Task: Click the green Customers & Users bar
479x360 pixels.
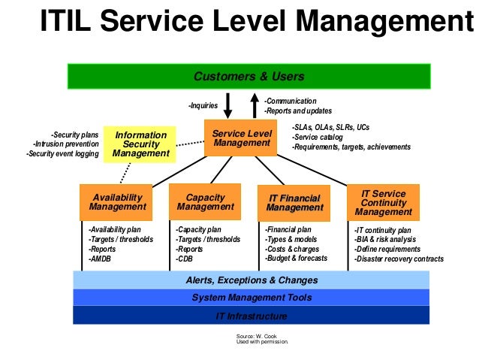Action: point(249,76)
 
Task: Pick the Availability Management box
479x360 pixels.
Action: point(117,201)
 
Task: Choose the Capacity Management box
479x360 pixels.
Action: point(204,201)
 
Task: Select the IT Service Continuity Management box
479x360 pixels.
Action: point(384,202)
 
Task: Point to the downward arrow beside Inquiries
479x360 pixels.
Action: point(228,105)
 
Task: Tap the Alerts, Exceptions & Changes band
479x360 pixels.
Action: point(252,280)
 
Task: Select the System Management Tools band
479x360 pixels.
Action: point(252,298)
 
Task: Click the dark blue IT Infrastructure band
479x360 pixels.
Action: point(252,316)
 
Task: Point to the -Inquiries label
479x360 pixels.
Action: point(203,106)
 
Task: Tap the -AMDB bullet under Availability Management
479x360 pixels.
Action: point(100,259)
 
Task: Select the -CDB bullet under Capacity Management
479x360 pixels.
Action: point(185,259)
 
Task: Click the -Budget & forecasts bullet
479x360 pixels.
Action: point(296,259)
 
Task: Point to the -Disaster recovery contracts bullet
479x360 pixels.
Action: point(399,259)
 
